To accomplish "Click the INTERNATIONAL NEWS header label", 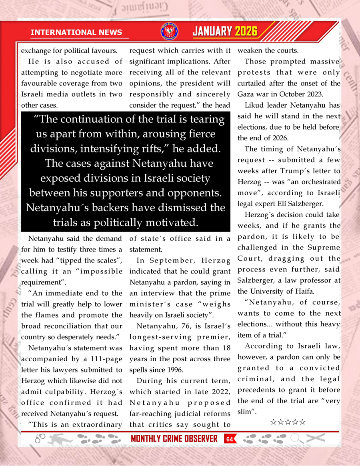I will pyautogui.click(x=76, y=32).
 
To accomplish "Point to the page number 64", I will pyautogui.click(x=229, y=439).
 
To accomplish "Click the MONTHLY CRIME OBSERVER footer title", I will pyautogui.click(x=174, y=439).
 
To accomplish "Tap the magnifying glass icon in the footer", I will pyautogui.click(x=296, y=439).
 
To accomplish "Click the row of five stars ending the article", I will pyautogui.click(x=288, y=422).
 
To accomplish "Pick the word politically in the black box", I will pyautogui.click(x=131, y=222).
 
